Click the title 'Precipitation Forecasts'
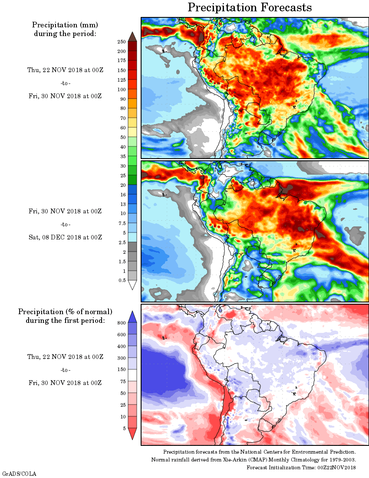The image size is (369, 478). pyautogui.click(x=250, y=7)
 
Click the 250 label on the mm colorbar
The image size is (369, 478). pyautogui.click(x=122, y=42)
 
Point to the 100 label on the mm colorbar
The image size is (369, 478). pyautogui.click(x=122, y=90)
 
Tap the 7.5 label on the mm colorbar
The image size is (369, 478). pyautogui.click(x=122, y=223)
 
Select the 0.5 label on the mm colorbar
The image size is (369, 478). pyautogui.click(x=122, y=281)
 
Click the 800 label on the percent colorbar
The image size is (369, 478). pyautogui.click(x=121, y=323)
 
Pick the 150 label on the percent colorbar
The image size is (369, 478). pyautogui.click(x=121, y=370)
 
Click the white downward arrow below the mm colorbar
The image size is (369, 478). pyautogui.click(x=132, y=285)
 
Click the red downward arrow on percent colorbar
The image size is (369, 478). pyautogui.click(x=132, y=434)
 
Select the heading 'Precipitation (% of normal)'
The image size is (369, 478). pyautogui.click(x=65, y=312)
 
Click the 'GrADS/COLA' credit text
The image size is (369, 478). pyautogui.click(x=20, y=473)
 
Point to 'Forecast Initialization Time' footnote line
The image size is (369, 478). pyautogui.click(x=301, y=467)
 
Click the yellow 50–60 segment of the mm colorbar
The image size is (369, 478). pyautogui.click(x=132, y=132)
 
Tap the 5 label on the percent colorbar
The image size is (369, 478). pyautogui.click(x=124, y=428)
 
